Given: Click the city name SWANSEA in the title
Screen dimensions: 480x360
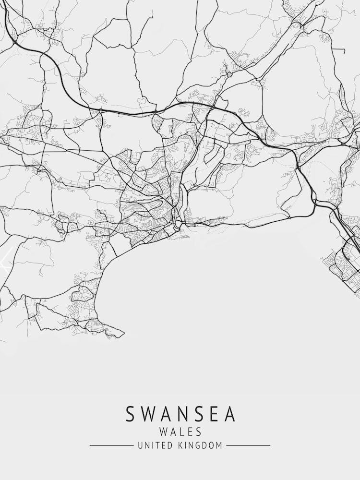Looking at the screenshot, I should tap(180, 414).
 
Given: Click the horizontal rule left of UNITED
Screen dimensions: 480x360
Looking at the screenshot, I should tap(111, 446).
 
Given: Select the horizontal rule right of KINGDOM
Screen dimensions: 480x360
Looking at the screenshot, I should tap(248, 446).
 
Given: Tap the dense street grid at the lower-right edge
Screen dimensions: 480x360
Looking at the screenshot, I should tap(343, 264).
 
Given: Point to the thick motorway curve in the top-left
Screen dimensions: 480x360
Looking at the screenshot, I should tap(58, 72).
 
